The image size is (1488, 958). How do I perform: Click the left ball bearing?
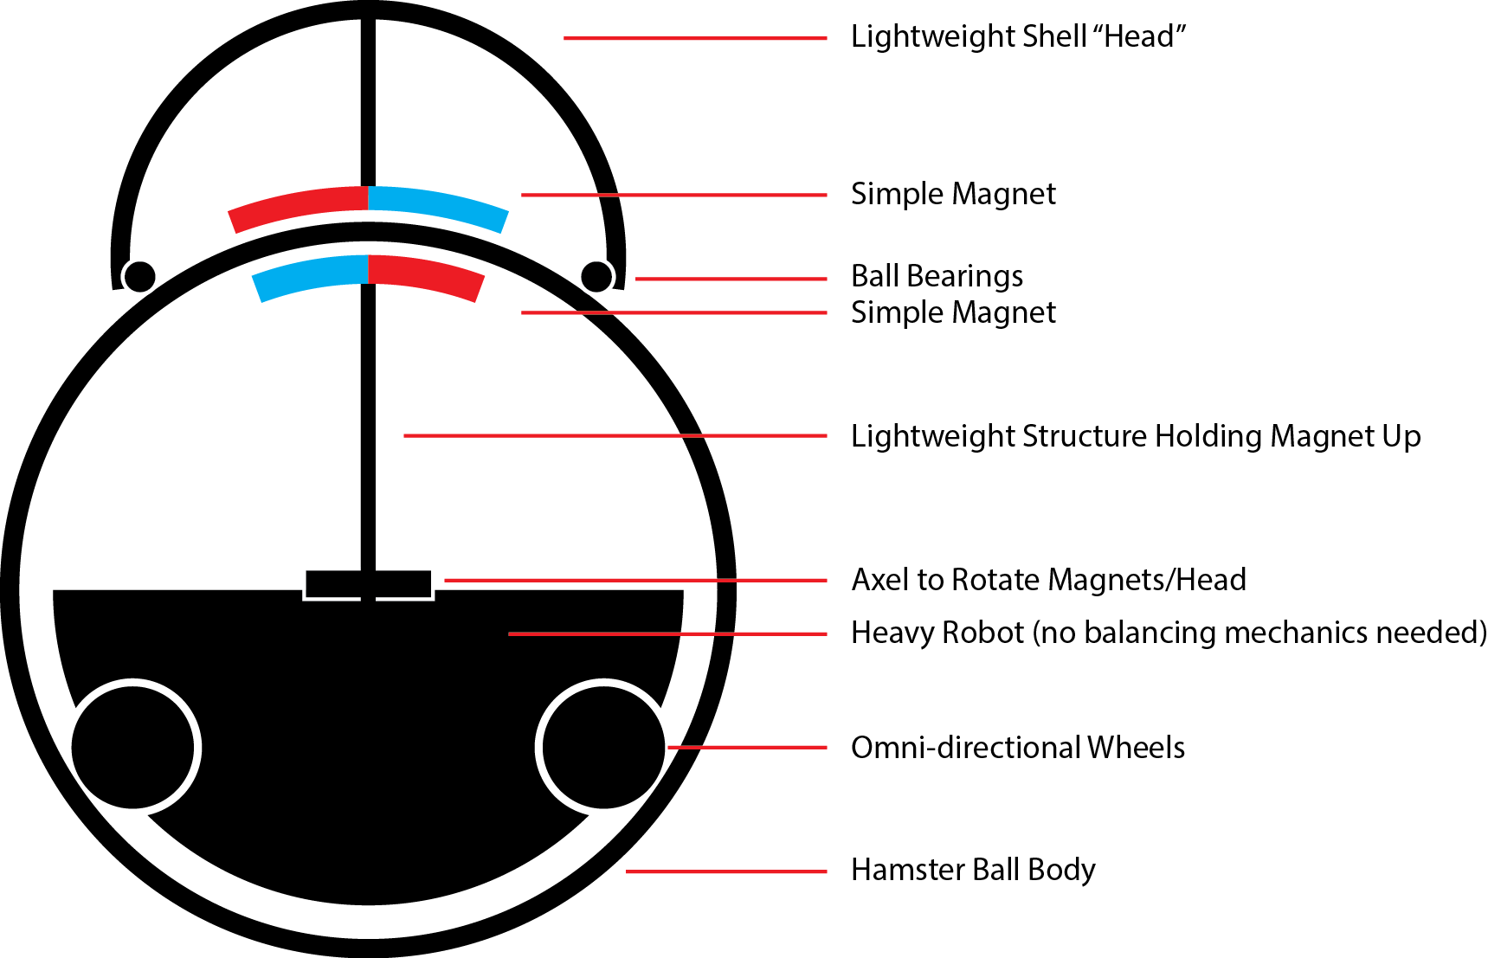tap(138, 277)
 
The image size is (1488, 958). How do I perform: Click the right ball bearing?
tap(596, 277)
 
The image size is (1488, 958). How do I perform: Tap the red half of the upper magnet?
tap(299, 205)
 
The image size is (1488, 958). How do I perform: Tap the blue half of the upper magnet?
tap(438, 205)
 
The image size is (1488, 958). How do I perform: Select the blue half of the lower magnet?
tap(312, 273)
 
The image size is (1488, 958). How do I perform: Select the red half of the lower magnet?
tap(425, 273)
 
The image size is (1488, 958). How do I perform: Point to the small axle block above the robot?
tap(368, 584)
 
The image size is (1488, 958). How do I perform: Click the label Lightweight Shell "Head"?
tap(1018, 36)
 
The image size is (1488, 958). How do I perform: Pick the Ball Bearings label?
tap(937, 276)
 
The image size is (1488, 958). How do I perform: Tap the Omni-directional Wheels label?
tap(1018, 747)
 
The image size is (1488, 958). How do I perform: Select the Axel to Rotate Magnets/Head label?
tap(1048, 579)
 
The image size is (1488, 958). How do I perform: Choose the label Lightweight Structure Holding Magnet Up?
tap(1136, 435)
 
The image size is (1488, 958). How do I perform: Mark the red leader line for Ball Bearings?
tap(731, 279)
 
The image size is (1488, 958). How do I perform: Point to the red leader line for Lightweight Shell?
tap(695, 38)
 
